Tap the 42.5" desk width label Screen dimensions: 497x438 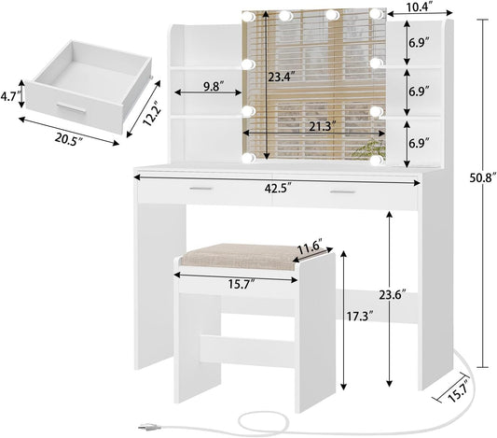[x=278, y=189]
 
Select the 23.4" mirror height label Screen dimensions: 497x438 [x=282, y=77]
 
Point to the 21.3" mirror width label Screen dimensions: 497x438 [x=321, y=127]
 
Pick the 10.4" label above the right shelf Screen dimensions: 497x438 [x=420, y=7]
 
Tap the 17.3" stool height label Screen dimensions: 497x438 [x=359, y=317]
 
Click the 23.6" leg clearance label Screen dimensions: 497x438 [x=393, y=295]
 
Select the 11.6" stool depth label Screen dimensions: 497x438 [x=310, y=246]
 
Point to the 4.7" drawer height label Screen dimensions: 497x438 [x=10, y=96]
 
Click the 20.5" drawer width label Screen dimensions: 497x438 [x=68, y=139]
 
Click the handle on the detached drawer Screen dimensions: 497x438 [x=71, y=108]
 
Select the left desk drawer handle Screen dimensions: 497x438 [x=201, y=189]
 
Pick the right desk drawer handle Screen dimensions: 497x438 [x=342, y=192]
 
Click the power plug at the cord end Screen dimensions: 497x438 [x=146, y=427]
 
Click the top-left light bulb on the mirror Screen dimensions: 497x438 [x=248, y=16]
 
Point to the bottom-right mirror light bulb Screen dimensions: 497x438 [x=377, y=159]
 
